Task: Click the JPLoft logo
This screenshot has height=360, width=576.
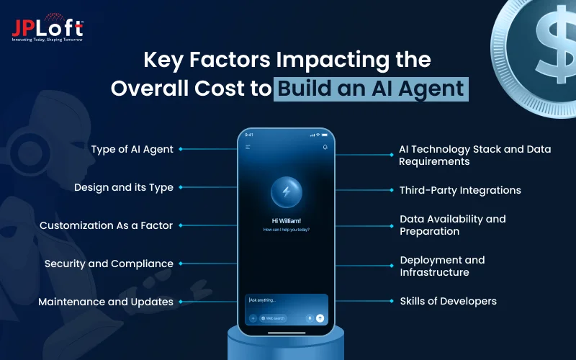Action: pos(48,29)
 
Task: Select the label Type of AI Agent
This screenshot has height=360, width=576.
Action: pos(132,149)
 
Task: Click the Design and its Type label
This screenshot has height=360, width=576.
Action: pos(123,187)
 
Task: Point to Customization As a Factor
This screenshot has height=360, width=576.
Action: pos(106,225)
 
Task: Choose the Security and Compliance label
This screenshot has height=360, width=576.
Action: pos(109,264)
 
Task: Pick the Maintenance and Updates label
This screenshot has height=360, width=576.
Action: pos(106,302)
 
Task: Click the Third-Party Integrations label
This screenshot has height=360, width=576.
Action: pos(460,190)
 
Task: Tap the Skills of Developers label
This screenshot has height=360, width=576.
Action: pos(448,301)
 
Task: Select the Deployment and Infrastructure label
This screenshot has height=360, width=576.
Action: pos(442,266)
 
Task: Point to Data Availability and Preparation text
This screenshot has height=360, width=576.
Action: pos(452,225)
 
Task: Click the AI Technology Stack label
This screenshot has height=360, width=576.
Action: pos(474,155)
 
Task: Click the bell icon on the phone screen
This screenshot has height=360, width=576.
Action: pos(325,147)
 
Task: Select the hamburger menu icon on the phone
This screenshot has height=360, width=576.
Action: pos(248,147)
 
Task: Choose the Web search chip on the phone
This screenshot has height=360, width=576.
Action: pos(274,318)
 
